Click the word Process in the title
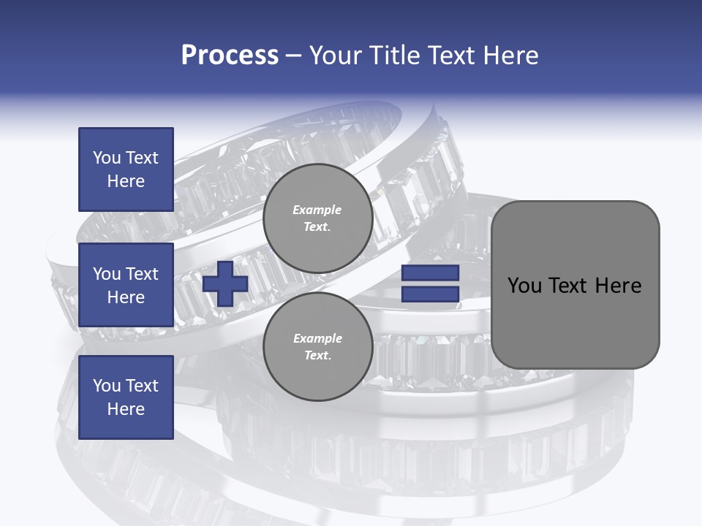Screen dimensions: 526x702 230,56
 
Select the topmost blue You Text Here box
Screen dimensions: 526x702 126,169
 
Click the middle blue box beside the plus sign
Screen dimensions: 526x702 126,285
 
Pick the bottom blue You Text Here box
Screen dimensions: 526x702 126,397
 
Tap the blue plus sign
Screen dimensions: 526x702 225,283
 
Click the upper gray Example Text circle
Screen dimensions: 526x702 317,218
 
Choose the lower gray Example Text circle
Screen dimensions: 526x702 317,347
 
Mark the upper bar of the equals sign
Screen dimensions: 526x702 430,273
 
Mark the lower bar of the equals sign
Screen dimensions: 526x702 430,294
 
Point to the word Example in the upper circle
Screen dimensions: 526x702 317,210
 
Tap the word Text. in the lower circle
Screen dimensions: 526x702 317,356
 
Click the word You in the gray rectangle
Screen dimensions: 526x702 524,285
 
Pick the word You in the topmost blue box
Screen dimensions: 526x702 106,158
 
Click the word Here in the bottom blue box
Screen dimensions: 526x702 126,409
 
